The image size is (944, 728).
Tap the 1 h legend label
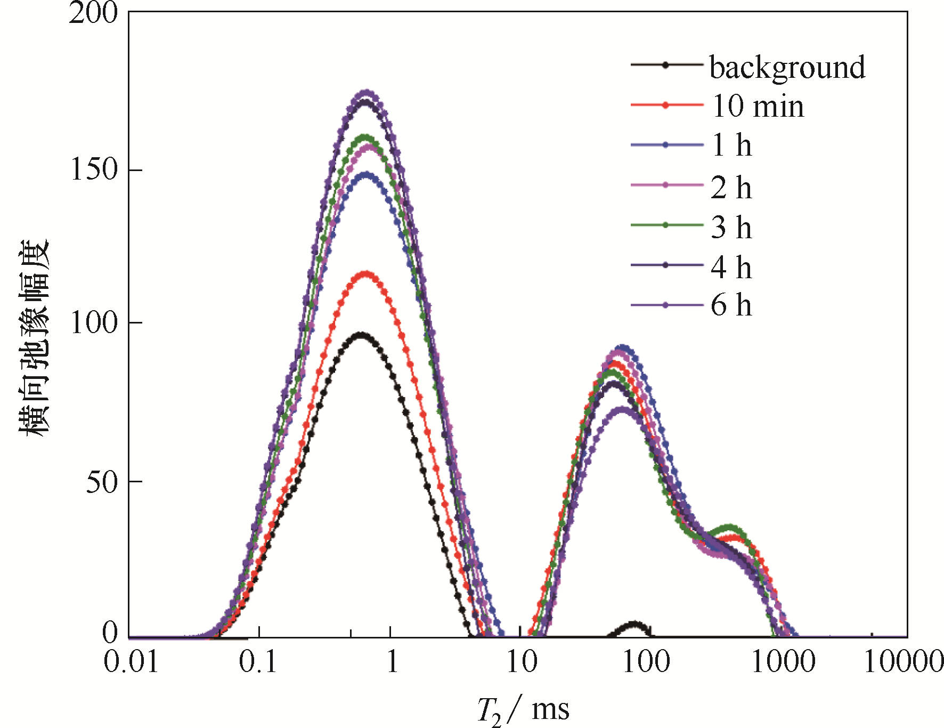(731, 145)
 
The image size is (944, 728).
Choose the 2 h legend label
(731, 187)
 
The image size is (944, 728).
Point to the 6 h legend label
(731, 305)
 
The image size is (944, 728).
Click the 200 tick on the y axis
(93, 13)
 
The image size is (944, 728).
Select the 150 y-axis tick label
(94, 170)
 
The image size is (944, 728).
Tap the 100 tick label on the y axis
(94, 323)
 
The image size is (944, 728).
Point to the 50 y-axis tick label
(101, 482)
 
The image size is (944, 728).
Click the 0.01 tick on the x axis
(131, 662)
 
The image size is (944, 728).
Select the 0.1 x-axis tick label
(258, 662)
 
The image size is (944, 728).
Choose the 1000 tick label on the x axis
(783, 662)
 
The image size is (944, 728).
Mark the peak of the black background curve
(361, 335)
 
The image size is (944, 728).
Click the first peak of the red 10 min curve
(365, 274)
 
